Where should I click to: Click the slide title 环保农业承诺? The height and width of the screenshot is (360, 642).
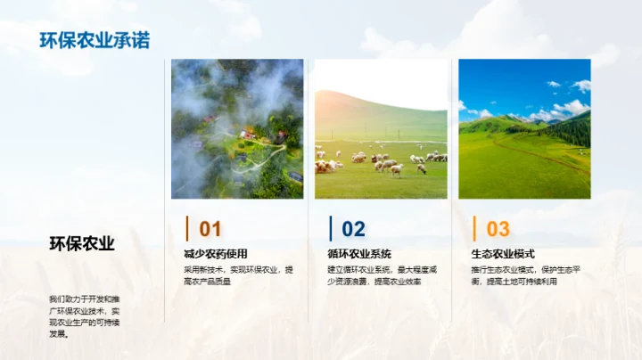pyautogui.click(x=95, y=40)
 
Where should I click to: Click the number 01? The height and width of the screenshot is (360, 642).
pyautogui.click(x=210, y=229)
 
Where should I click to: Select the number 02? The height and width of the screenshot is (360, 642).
pyautogui.click(x=353, y=229)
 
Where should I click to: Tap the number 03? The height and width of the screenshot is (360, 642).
pyautogui.click(x=498, y=229)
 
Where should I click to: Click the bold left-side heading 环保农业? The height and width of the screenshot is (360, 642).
pyautogui.click(x=81, y=243)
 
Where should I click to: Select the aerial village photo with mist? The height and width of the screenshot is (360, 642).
pyautogui.click(x=237, y=128)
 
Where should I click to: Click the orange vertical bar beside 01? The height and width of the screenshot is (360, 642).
pyautogui.click(x=186, y=228)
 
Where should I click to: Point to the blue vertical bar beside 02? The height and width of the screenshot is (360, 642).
pyautogui.click(x=330, y=228)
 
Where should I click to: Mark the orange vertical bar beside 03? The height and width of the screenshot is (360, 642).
pyautogui.click(x=474, y=228)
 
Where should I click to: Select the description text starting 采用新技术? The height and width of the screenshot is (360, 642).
pyautogui.click(x=238, y=274)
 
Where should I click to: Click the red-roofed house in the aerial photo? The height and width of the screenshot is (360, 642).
pyautogui.click(x=247, y=135)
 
